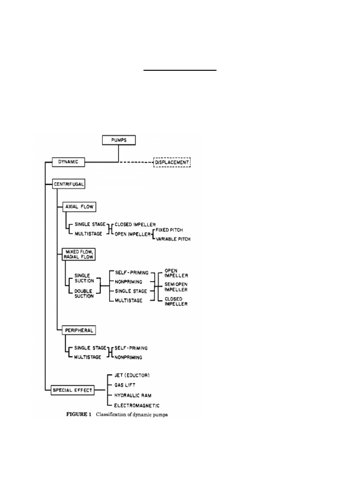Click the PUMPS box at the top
[119, 140]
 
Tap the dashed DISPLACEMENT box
[172, 162]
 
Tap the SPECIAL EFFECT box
[73, 389]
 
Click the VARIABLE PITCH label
[172, 239]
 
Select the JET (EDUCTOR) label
[132, 375]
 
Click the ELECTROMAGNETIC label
[137, 405]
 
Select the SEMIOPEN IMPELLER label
[176, 287]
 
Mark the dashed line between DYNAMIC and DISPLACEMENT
[136, 162]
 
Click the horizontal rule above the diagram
[180, 70]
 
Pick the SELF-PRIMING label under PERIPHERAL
[131, 348]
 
